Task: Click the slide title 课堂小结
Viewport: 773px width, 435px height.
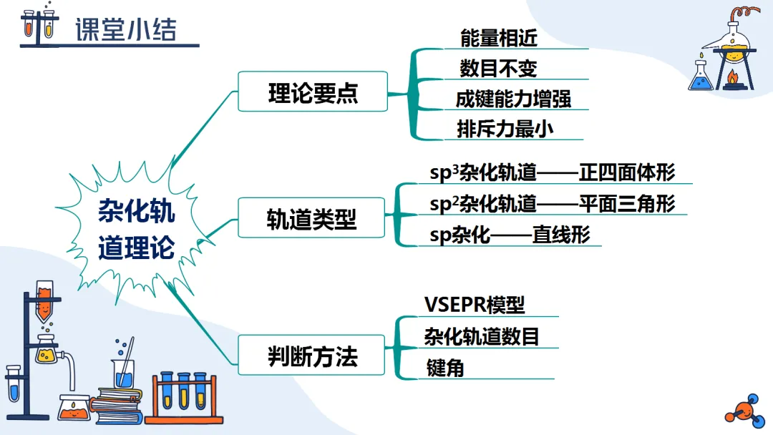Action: click(x=125, y=31)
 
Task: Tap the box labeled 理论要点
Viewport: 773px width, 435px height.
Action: click(x=313, y=92)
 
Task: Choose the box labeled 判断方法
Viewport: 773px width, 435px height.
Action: click(x=313, y=356)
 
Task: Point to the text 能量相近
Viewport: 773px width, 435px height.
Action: click(x=498, y=38)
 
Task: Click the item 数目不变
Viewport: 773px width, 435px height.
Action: click(x=498, y=69)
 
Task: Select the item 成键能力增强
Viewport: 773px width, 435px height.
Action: click(x=513, y=99)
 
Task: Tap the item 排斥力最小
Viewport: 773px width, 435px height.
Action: click(x=505, y=129)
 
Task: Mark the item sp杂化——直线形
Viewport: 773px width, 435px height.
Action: click(x=510, y=235)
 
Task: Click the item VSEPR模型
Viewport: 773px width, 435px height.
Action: click(x=475, y=305)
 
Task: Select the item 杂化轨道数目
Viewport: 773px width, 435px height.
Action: click(x=481, y=336)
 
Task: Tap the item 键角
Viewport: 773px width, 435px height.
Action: click(x=444, y=368)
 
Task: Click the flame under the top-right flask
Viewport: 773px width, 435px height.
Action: click(x=731, y=77)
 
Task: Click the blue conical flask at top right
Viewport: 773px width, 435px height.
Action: click(x=701, y=77)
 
